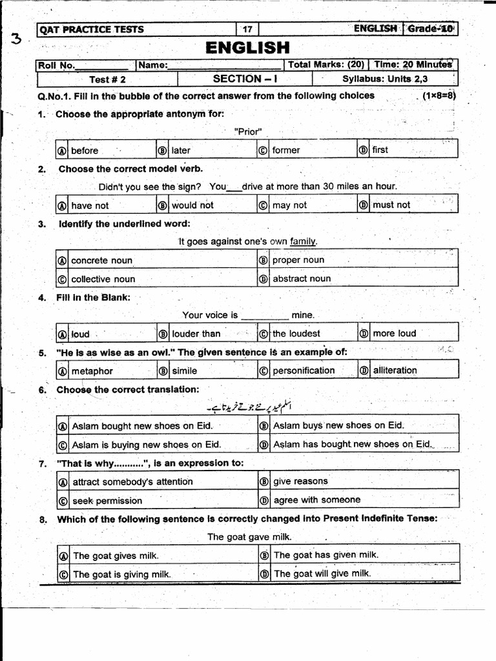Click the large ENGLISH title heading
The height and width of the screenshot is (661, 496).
pos(248,47)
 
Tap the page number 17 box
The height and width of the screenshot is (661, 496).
pos(247,29)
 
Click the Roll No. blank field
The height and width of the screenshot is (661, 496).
pos(101,65)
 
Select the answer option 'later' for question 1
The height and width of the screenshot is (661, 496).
pos(181,150)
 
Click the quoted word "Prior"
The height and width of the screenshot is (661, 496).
pos(248,131)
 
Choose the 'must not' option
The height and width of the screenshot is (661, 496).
pos(391,205)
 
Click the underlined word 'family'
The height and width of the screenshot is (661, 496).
pos(304,241)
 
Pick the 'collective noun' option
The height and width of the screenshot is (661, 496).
pos(103,279)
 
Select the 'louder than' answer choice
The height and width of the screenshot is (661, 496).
pos(196,334)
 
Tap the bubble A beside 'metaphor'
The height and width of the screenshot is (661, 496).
pos(63,371)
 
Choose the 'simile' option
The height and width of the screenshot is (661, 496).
pos(185,371)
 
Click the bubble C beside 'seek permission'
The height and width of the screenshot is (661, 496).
pos(63,501)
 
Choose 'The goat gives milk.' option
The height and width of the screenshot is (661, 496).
pos(115,555)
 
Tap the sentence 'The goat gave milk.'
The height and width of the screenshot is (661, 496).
pos(249,536)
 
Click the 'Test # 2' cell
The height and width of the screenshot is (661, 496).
pos(107,79)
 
